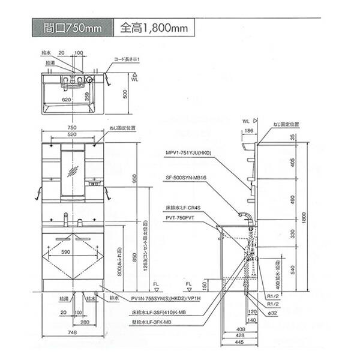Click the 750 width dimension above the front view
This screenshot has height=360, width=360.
click(72, 128)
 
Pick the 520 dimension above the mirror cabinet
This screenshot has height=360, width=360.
click(72, 136)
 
